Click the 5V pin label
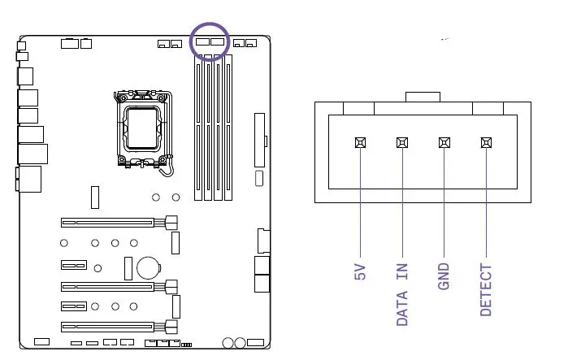pyautogui.click(x=361, y=271)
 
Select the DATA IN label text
pyautogui.click(x=402, y=294)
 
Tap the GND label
pyautogui.click(x=444, y=276)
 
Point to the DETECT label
pyautogui.click(x=486, y=289)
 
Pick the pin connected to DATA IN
pyautogui.click(x=402, y=142)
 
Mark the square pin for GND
pyautogui.click(x=444, y=142)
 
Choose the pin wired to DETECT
pyautogui.click(x=486, y=142)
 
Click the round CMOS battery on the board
pyautogui.click(x=147, y=267)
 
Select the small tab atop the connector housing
pyautogui.click(x=423, y=98)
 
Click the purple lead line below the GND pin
pyautogui.click(x=444, y=203)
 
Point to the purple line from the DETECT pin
pyautogui.click(x=486, y=203)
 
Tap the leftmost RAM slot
pyautogui.click(x=199, y=130)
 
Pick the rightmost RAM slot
pyautogui.click(x=228, y=130)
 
